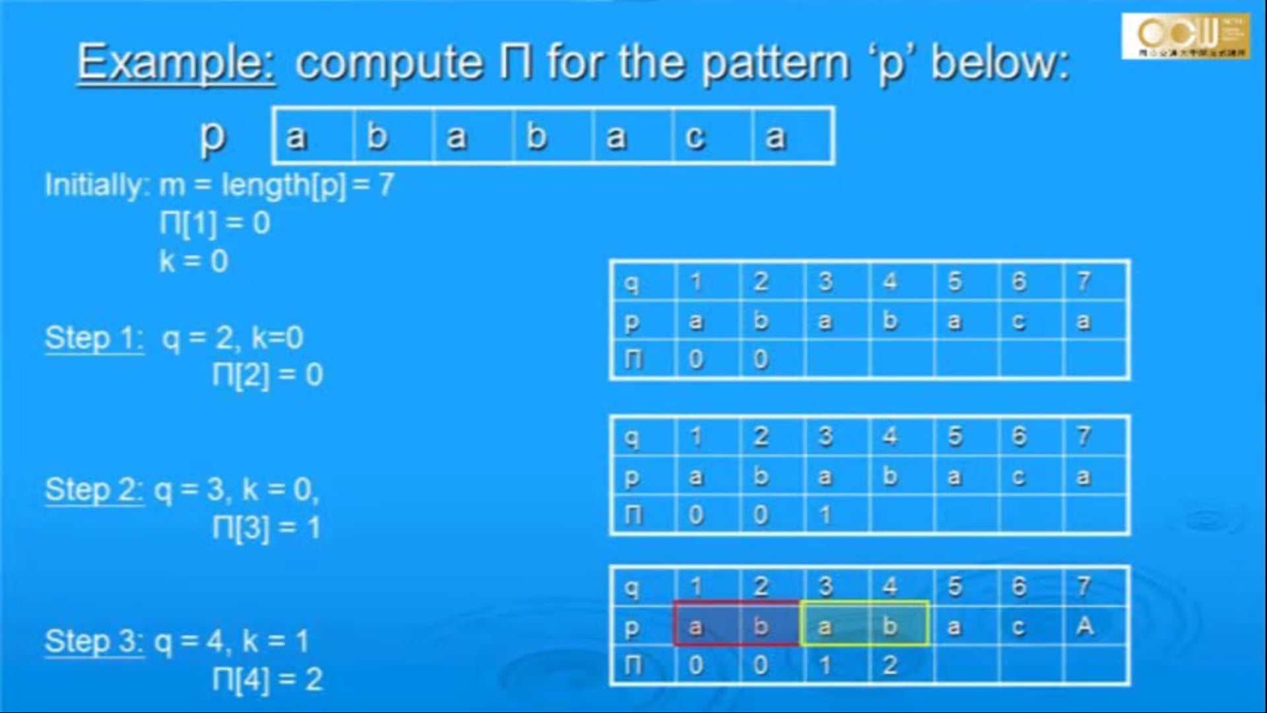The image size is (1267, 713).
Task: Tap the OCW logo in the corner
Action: pos(1185,36)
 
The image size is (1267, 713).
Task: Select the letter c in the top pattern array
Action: pos(694,137)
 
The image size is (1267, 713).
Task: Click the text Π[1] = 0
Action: pos(214,223)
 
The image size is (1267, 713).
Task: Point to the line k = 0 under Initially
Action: pos(193,261)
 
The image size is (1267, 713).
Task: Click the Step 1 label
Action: pos(94,338)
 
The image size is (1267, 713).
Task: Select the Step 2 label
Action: pos(94,490)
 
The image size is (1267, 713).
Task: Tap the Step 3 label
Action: pos(94,641)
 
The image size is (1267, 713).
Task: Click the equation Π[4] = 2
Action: pos(267,679)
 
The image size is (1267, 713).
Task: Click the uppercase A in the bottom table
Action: pos(1084,625)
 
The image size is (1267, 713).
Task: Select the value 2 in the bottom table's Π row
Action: pos(890,665)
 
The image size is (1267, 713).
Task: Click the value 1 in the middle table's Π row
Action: pos(825,515)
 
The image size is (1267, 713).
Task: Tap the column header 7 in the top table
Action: pos(1084,282)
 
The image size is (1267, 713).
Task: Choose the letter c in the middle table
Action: pos(1019,477)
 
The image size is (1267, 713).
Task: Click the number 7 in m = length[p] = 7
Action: pos(386,185)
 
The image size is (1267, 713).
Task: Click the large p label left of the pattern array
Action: pos(212,137)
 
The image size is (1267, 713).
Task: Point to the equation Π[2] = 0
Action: pos(267,375)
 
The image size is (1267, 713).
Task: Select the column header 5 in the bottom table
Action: pos(954,586)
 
